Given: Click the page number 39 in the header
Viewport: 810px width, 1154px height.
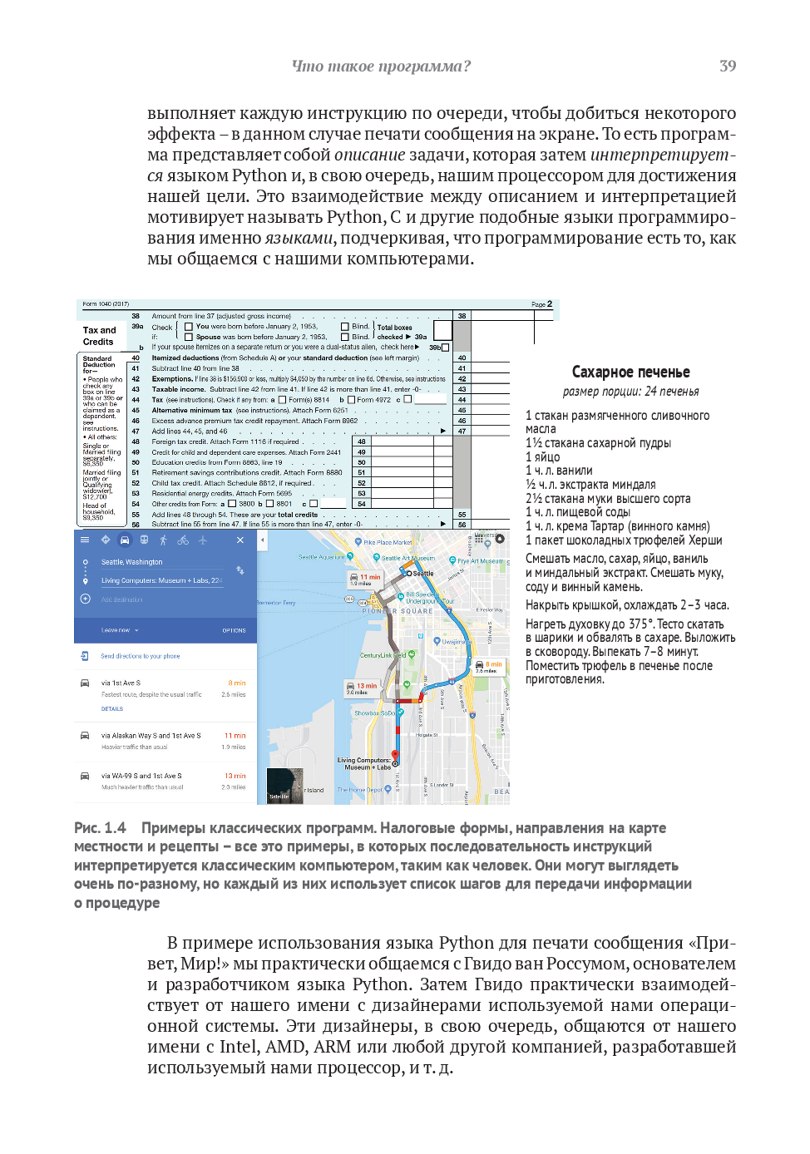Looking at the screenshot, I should (727, 66).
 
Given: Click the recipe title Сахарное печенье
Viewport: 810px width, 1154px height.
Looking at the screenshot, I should (630, 372).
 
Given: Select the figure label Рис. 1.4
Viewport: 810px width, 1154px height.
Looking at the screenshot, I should (100, 828).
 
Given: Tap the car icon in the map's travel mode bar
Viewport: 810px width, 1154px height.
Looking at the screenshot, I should (125, 540).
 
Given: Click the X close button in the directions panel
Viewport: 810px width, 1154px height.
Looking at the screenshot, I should (240, 540).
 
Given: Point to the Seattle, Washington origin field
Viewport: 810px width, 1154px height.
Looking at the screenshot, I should (132, 562).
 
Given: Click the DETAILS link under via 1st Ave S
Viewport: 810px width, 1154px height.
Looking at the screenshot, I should (112, 709).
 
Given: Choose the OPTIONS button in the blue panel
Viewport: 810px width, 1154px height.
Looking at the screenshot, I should (234, 630).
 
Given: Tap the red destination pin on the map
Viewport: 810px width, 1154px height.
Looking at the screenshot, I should (395, 757).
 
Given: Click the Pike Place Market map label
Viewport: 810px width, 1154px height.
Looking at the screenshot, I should (388, 542).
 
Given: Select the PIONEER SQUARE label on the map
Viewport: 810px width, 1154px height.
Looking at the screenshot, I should (398, 611).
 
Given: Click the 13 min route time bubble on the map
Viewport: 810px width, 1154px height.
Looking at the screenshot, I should (366, 686).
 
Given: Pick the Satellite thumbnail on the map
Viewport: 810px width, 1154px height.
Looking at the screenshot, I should (284, 786).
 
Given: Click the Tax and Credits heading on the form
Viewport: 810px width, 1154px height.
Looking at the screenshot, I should (99, 336).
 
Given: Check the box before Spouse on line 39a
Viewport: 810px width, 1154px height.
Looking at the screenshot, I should (189, 337).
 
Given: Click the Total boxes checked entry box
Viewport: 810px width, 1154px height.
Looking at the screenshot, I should (442, 331).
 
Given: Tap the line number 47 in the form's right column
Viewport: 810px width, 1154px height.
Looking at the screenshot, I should (462, 431).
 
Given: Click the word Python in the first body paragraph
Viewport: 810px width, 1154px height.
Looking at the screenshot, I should (259, 175).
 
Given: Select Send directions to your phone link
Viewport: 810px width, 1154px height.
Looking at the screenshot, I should (140, 656).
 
